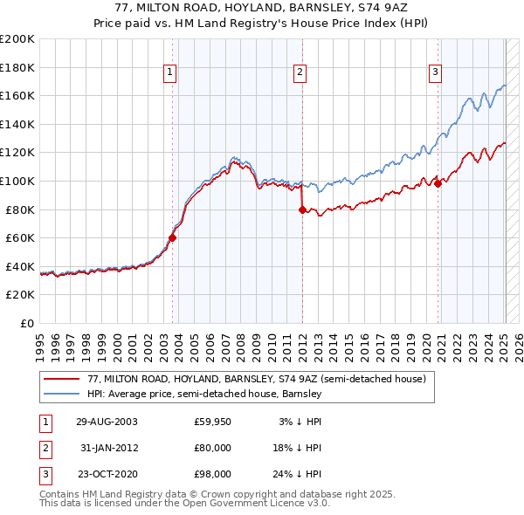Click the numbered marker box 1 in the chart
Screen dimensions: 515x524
coord(169,72)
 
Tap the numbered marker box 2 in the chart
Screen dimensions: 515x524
coord(300,72)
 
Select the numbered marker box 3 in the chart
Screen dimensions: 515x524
coord(434,72)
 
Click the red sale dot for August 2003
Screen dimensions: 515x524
coord(172,237)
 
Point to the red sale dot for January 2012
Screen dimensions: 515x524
coord(301,209)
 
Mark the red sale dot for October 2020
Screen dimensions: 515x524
coord(438,183)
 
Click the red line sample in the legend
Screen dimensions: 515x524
coord(61,380)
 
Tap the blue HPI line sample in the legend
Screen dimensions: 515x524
coord(61,395)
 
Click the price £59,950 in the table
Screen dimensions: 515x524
coord(212,421)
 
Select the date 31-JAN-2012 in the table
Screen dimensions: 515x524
coord(107,447)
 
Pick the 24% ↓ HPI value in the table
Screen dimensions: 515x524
coord(296,474)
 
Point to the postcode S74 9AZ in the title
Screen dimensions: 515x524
coord(382,8)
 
